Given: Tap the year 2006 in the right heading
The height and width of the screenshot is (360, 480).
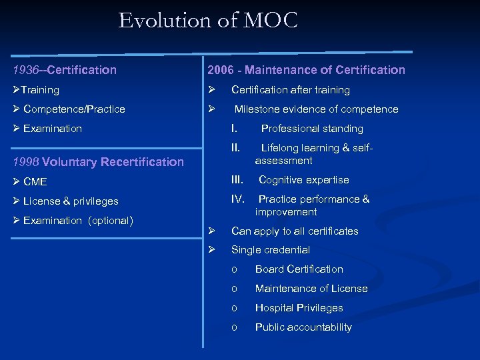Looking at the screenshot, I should (221, 70).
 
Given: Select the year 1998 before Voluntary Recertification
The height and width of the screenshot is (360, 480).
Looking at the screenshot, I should (26, 161).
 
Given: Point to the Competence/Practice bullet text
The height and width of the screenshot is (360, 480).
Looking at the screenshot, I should (74, 109).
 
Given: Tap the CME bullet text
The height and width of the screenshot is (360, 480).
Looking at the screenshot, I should (35, 181).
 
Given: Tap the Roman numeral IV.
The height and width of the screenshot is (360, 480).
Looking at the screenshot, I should (238, 199).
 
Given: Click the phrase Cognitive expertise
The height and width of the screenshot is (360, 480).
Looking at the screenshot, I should (303, 179).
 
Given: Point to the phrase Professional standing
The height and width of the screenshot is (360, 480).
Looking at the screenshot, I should (312, 128).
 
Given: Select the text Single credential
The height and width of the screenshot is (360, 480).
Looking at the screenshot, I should (270, 250).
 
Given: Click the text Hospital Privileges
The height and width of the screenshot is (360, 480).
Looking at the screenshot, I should (299, 308).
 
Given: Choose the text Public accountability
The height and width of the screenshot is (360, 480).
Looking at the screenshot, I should (303, 327).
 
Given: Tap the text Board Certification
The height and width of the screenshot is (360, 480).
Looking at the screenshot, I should (299, 269).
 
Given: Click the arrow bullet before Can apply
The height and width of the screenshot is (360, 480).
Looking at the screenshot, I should (210, 231).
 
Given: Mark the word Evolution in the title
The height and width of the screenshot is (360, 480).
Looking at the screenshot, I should (164, 21).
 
